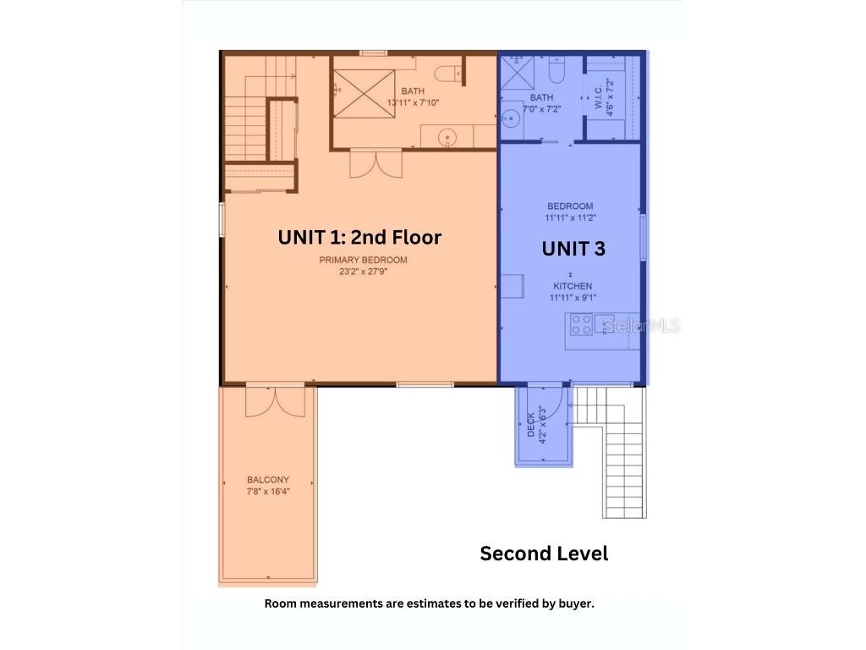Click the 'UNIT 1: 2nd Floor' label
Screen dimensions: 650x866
coord(359,238)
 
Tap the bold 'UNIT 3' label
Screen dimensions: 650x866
coord(573,248)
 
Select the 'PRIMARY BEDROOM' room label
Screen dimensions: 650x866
coord(364,260)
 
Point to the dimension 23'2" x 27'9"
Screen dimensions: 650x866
coord(364,272)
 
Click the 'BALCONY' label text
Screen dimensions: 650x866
coord(268,480)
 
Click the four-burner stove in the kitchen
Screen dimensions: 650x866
coord(580,324)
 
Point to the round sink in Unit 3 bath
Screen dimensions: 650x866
coord(511,118)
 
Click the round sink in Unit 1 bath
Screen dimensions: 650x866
coord(448,135)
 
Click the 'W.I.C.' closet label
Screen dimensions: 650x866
coord(599,94)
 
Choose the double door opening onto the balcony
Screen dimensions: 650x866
coord(275,402)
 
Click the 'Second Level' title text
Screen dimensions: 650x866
coord(544,554)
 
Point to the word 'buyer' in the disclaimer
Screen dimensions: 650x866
coord(575,603)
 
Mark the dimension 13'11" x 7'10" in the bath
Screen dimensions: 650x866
coord(413,102)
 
